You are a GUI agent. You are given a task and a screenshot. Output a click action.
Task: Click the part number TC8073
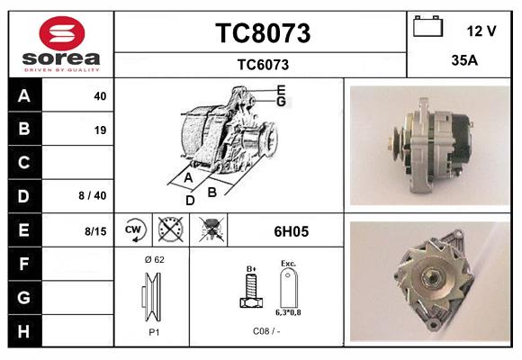[262, 33]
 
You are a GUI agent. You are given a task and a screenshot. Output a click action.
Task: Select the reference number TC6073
[262, 64]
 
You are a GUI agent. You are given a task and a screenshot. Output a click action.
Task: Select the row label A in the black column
[24, 96]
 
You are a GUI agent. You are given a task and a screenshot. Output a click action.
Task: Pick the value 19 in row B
[100, 130]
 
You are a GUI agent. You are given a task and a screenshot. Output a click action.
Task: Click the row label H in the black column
[24, 330]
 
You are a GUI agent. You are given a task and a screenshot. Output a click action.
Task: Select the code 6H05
[291, 231]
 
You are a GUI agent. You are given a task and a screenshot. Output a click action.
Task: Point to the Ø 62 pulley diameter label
[153, 259]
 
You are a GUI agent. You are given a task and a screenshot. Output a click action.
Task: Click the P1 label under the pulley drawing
[153, 331]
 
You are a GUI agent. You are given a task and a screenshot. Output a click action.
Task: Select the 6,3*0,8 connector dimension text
[289, 312]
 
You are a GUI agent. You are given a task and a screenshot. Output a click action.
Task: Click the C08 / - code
[266, 331]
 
